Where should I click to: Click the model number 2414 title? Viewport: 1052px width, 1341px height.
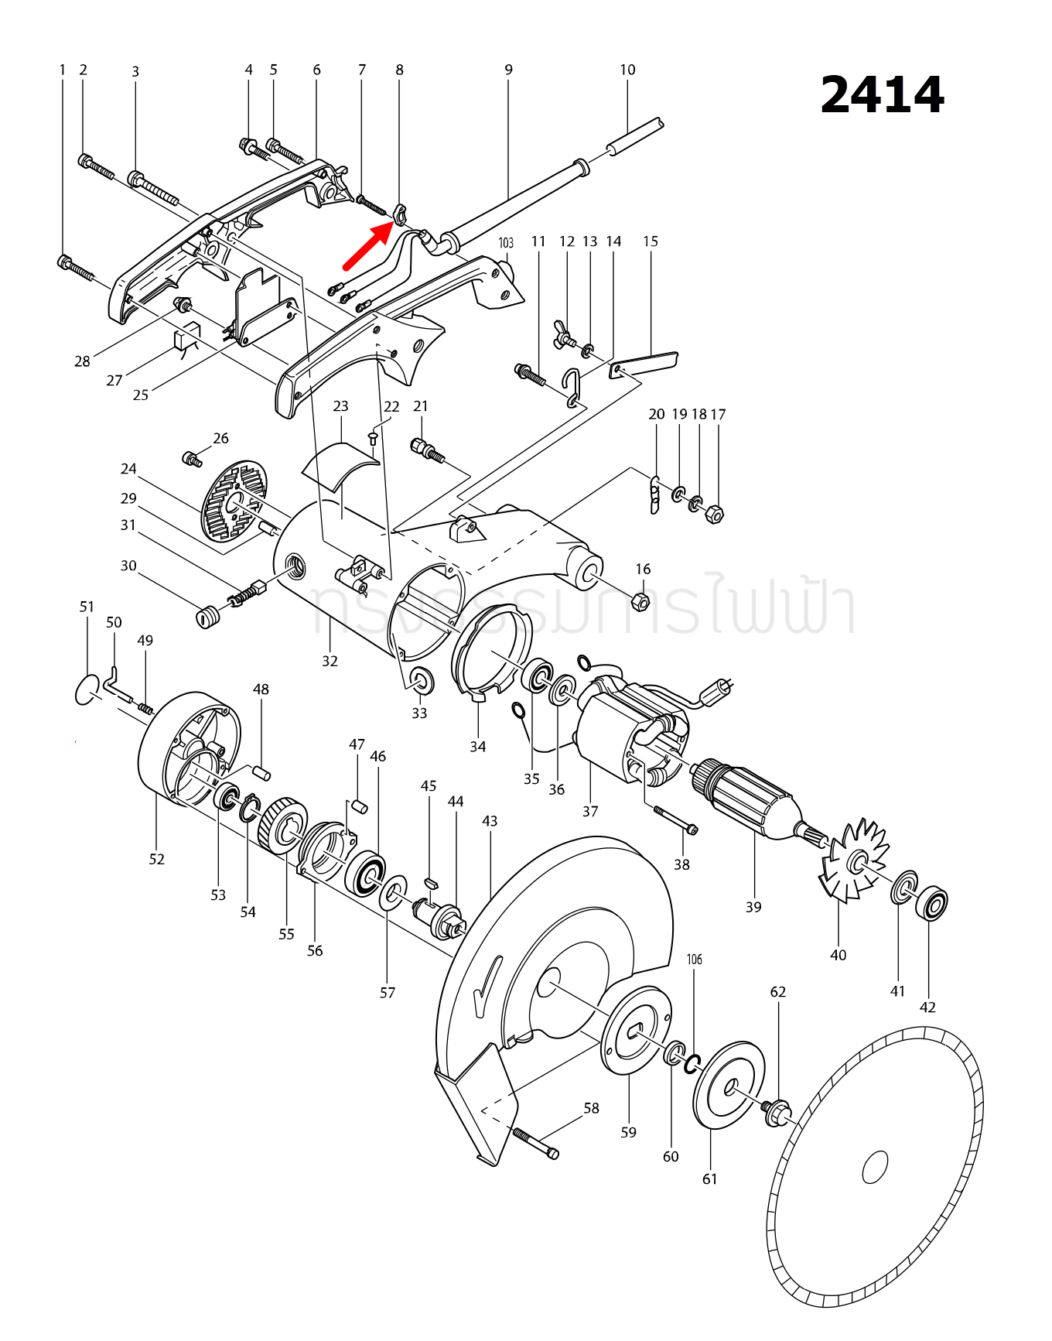(x=883, y=95)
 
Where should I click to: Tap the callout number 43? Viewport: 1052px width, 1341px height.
(x=490, y=821)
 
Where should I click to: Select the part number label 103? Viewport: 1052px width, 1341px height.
(x=506, y=243)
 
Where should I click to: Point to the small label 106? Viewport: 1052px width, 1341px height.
(x=695, y=960)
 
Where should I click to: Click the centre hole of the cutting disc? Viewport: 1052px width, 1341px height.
(x=875, y=1167)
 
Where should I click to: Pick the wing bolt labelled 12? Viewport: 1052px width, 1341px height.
(x=565, y=334)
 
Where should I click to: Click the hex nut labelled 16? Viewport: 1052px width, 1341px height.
(x=640, y=600)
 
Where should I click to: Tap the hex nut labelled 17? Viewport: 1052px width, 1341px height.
(x=716, y=513)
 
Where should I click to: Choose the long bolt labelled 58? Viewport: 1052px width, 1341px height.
(x=535, y=1144)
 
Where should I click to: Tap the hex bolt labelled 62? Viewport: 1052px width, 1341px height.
(x=777, y=1113)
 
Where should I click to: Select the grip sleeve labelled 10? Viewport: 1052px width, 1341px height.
(x=635, y=136)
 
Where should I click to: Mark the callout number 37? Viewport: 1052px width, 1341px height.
(x=590, y=811)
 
